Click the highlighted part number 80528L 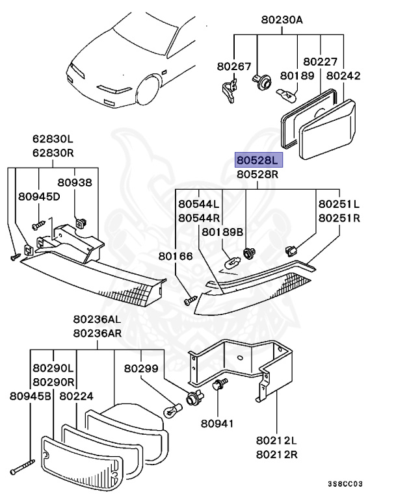[257, 160]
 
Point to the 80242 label [343, 76]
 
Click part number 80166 [176, 257]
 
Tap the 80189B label [222, 232]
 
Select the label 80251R [339, 218]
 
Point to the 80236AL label [96, 320]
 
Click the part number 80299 [142, 368]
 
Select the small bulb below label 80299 [172, 411]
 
